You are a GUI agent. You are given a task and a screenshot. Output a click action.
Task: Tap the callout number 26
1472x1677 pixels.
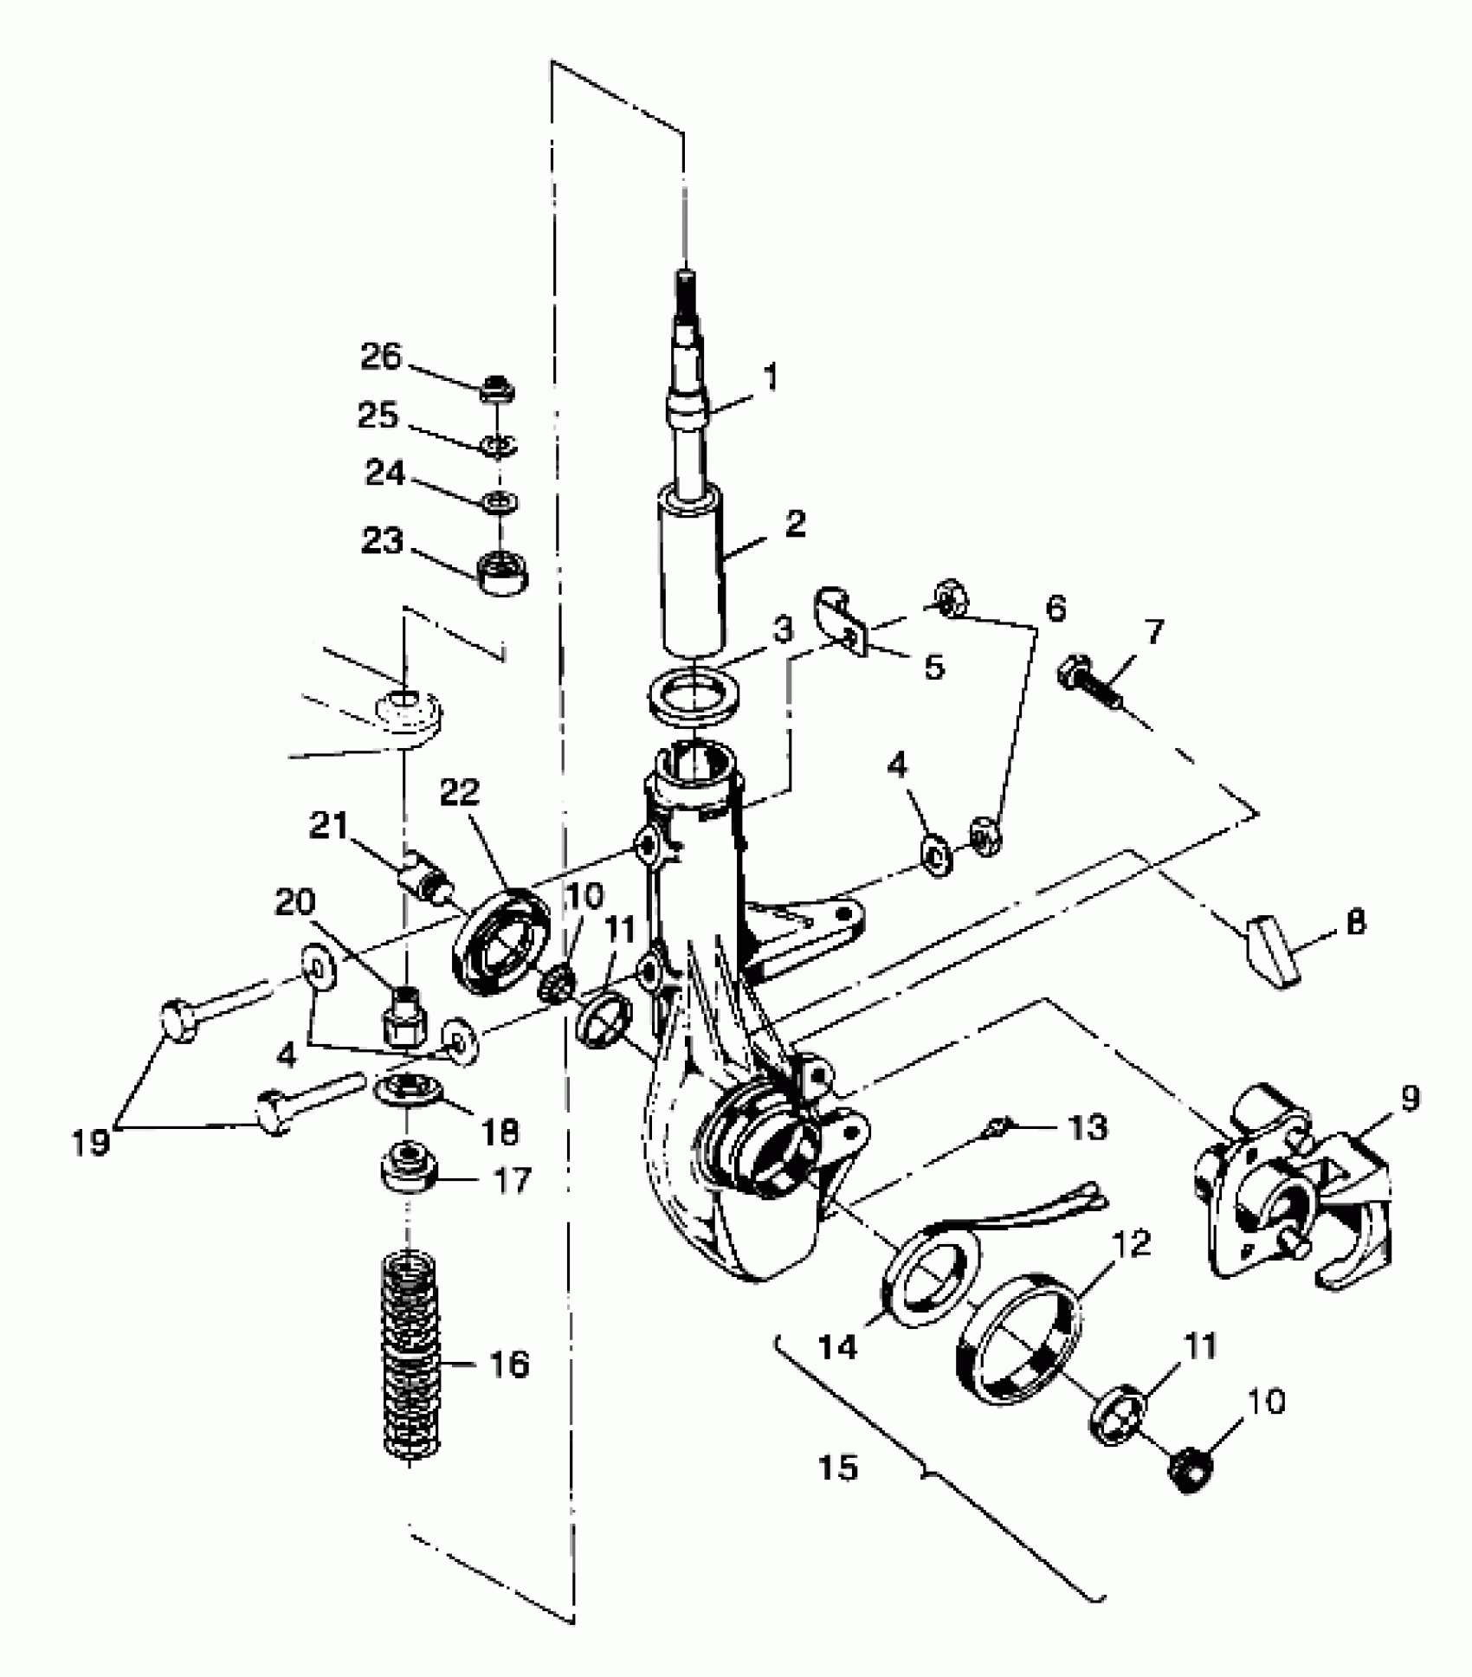point(381,356)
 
